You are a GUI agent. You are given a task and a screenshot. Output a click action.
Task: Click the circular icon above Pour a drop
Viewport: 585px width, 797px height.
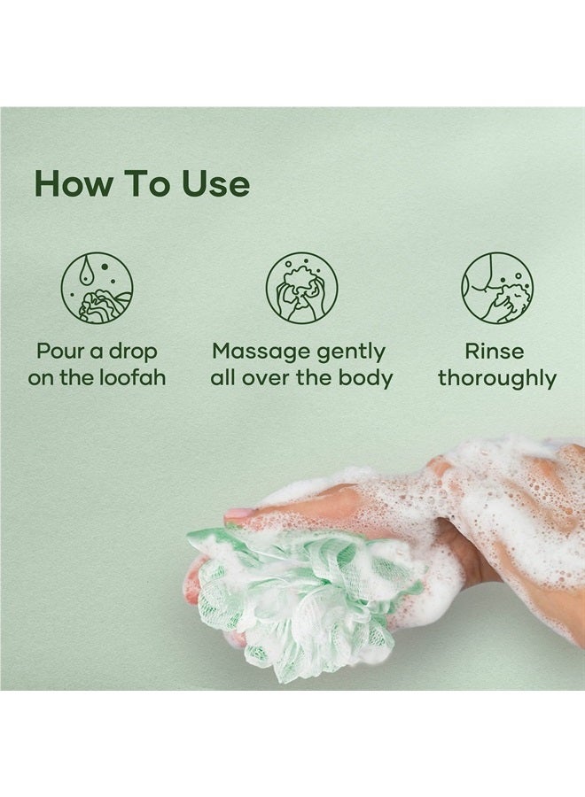(x=97, y=289)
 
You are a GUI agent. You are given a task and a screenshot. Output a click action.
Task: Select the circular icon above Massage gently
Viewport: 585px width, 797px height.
(x=301, y=289)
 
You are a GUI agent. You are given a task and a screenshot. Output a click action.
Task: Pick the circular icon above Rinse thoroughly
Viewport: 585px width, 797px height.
(x=496, y=289)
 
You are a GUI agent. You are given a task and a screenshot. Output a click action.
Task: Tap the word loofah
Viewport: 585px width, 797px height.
(x=132, y=378)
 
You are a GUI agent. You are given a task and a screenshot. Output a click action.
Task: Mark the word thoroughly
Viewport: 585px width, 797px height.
(x=496, y=379)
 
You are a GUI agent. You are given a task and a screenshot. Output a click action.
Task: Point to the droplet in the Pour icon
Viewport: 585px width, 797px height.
(x=86, y=271)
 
